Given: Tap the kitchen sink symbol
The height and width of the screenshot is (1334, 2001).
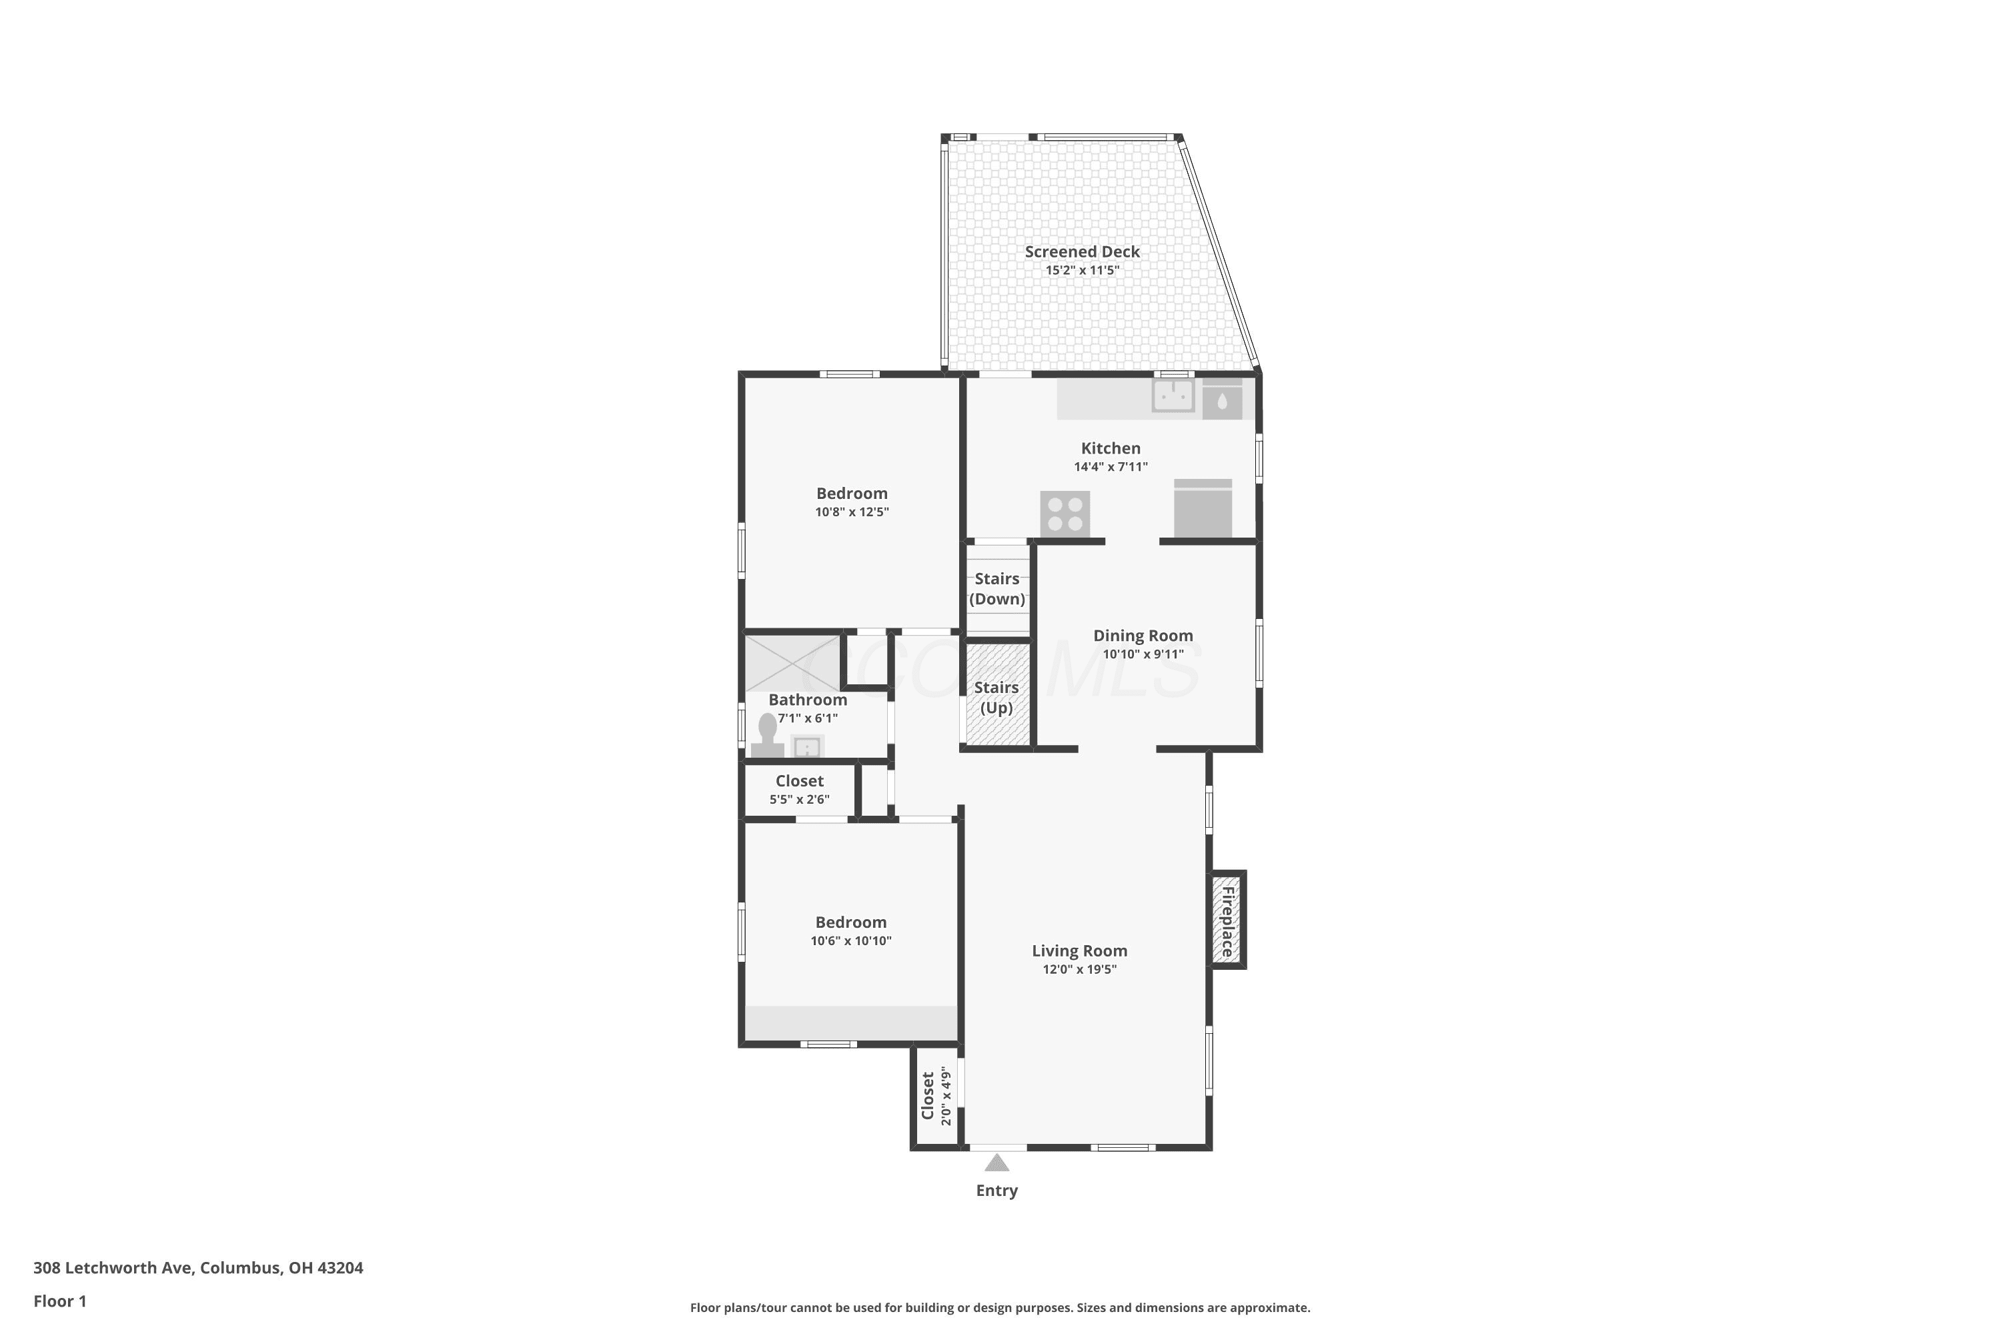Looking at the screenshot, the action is (1173, 396).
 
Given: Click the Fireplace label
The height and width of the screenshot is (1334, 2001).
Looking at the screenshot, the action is (1228, 922).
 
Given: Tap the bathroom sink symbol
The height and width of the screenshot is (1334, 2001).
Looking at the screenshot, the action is (806, 747).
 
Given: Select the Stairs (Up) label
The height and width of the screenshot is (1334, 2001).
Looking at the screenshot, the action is (996, 698).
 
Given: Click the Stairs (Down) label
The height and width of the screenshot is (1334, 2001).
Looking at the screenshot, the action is (997, 589).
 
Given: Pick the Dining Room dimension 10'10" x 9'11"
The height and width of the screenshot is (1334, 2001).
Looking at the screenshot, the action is (1143, 654).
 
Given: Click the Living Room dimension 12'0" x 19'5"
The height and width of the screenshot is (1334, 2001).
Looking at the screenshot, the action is (1080, 969).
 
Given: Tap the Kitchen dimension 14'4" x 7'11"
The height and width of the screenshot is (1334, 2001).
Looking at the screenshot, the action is (1111, 466).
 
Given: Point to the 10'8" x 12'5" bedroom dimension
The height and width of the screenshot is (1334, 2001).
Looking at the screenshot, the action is (852, 512).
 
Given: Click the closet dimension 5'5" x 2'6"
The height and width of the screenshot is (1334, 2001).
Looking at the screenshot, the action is (800, 799).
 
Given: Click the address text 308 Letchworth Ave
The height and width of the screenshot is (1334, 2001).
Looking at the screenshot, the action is (114, 1268).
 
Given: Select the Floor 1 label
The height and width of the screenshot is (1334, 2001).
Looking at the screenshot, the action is (59, 1301).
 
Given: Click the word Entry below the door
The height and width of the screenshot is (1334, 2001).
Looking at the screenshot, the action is (997, 1191).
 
